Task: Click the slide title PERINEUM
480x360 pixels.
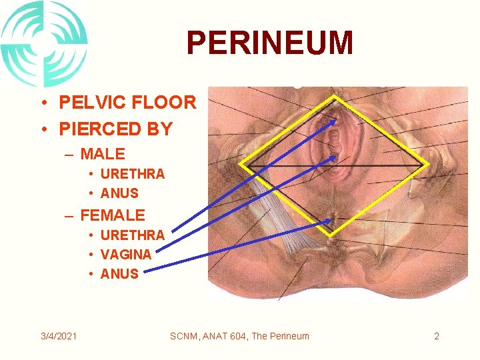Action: click(269, 43)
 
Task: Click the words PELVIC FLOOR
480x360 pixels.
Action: click(127, 103)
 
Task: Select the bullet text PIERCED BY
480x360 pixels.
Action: click(116, 129)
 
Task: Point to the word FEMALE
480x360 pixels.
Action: click(112, 215)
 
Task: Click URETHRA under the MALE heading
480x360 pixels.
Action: click(132, 174)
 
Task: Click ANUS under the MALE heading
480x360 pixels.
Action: click(119, 193)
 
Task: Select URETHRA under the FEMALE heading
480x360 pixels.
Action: click(132, 235)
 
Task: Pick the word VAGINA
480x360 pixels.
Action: click(125, 254)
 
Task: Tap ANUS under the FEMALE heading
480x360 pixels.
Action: click(119, 273)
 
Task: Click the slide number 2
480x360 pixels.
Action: click(437, 336)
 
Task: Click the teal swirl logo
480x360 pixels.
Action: click(44, 43)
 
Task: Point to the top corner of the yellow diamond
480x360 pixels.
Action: click(334, 97)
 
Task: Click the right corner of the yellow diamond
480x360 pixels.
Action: click(427, 165)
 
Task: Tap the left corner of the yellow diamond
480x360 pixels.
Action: click(241, 165)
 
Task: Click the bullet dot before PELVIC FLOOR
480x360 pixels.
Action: click(42, 103)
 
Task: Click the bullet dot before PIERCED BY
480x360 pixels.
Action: click(42, 129)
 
